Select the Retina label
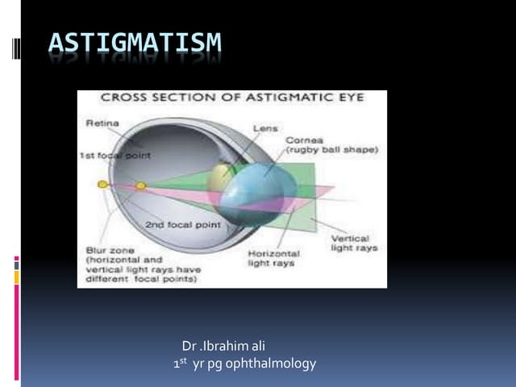(102, 123)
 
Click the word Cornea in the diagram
(304, 139)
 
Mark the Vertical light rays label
(350, 243)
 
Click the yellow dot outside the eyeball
(102, 185)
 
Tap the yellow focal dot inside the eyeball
(140, 186)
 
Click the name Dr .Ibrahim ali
(218, 347)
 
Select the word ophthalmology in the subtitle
(273, 364)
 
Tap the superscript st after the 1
(184, 361)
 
